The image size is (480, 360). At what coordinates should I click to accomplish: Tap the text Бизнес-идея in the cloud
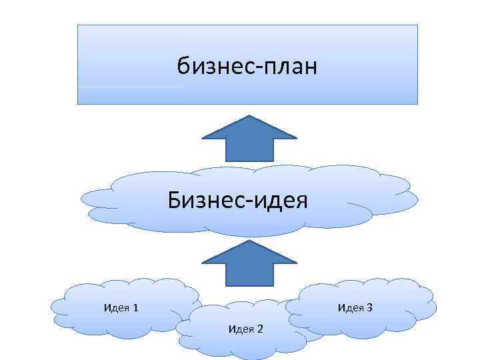click(x=238, y=199)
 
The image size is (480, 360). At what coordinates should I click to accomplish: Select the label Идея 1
click(x=121, y=307)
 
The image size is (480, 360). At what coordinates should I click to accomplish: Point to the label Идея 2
click(x=245, y=329)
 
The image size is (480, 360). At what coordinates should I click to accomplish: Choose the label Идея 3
click(x=355, y=307)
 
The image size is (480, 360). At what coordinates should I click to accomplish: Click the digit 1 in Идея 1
click(x=135, y=307)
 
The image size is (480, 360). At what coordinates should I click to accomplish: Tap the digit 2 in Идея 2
click(x=260, y=329)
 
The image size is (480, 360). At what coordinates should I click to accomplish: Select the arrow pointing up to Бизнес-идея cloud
click(x=249, y=263)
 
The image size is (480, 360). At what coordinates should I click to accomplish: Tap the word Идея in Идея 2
click(x=241, y=329)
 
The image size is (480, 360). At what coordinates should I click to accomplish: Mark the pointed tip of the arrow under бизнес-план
click(x=249, y=117)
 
